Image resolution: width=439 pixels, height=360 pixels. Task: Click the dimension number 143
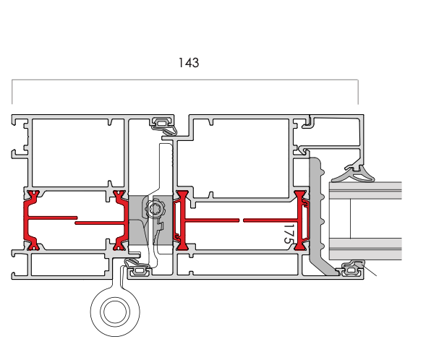[189, 63]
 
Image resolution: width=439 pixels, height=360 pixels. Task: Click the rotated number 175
[289, 233]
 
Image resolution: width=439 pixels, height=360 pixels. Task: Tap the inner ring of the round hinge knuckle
[115, 312]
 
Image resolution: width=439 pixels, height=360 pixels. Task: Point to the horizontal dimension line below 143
[184, 80]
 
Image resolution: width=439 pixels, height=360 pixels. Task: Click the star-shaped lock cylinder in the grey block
[154, 208]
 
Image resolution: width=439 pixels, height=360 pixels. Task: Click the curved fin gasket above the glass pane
[354, 174]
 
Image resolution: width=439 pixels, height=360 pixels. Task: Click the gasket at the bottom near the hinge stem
[137, 267]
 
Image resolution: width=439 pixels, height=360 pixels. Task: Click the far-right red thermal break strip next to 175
[302, 220]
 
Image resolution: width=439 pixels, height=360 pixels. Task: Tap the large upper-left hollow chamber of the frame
[78, 153]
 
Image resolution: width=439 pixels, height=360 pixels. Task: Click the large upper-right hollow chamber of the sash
[241, 158]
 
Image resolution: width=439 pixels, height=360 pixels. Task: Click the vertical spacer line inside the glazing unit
[350, 219]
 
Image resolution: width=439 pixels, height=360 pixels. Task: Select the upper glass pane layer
[366, 191]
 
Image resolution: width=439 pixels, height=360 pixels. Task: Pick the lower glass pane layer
[366, 249]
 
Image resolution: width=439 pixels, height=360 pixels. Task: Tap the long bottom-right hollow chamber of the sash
[238, 265]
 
